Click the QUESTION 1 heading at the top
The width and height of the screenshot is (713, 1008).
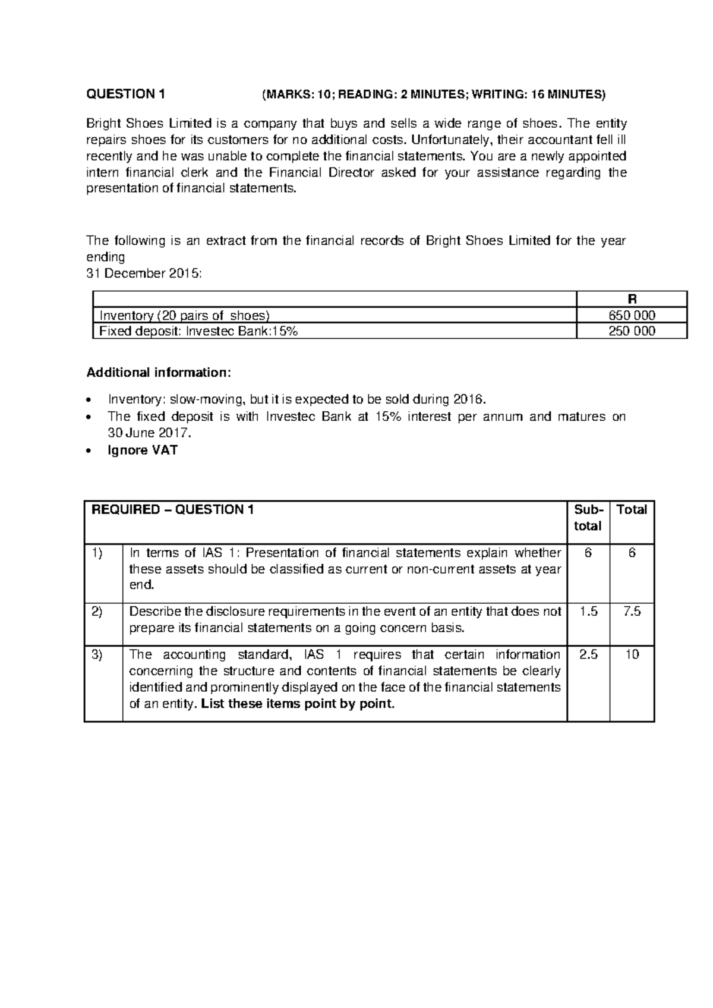[x=125, y=94]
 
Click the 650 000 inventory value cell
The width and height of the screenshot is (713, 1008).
[x=632, y=316]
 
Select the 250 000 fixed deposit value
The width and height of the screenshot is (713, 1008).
[x=632, y=332]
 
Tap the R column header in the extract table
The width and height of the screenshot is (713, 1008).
[x=632, y=300]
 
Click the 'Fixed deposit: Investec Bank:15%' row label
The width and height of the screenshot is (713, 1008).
[x=198, y=332]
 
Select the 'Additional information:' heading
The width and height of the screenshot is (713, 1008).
[x=157, y=373]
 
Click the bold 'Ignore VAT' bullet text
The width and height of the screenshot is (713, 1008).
[x=142, y=450]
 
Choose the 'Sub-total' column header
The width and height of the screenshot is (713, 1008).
[x=588, y=518]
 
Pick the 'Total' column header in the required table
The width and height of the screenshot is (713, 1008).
[x=632, y=509]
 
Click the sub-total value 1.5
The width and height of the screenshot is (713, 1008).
[x=588, y=612]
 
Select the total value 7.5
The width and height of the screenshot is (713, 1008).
[x=632, y=612]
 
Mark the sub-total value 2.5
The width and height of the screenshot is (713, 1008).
[x=588, y=654]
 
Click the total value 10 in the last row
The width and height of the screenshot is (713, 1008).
[x=632, y=654]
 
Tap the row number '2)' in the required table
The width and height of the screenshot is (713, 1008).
[x=98, y=612]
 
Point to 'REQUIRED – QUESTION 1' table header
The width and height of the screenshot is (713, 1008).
[x=171, y=509]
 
